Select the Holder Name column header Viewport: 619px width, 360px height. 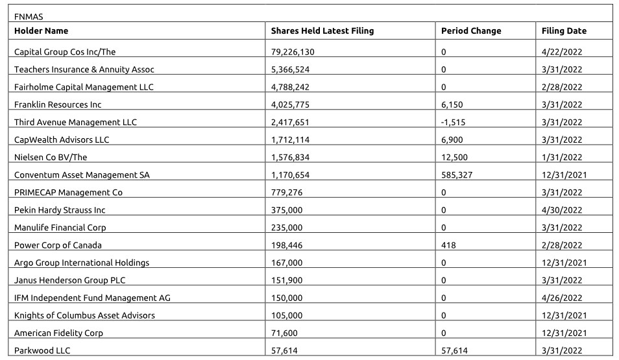click(41, 30)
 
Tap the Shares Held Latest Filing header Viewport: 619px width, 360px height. click(322, 30)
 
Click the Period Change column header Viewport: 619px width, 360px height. click(471, 30)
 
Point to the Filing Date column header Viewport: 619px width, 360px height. click(564, 30)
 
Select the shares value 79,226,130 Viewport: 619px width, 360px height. click(293, 51)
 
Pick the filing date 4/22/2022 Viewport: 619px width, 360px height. click(562, 51)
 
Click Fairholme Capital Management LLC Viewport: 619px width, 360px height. click(84, 87)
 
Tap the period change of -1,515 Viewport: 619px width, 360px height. click(453, 122)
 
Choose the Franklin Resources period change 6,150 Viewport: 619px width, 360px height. click(452, 104)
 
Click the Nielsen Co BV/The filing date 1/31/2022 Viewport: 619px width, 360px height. click(562, 157)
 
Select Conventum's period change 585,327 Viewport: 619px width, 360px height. click(457, 174)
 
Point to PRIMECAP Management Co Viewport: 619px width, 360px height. click(68, 192)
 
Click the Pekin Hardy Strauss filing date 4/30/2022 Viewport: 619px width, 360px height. click(562, 210)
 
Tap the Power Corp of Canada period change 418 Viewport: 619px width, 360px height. click(448, 245)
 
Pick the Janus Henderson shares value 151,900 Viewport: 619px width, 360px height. click(286, 280)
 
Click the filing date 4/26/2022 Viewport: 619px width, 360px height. click(562, 298)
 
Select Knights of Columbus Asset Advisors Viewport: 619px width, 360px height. click(84, 315)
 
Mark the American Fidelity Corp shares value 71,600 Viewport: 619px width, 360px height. click(284, 333)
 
